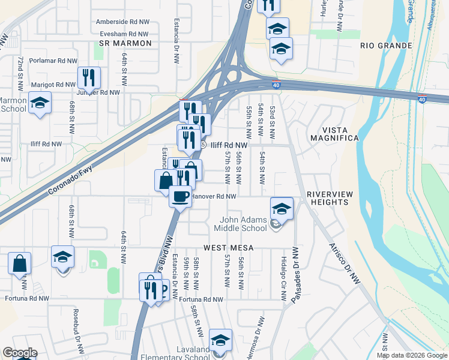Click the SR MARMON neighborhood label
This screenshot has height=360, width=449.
click(123, 44)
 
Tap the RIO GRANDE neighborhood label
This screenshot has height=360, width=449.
click(386, 46)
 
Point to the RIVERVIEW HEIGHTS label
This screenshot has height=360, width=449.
click(327, 199)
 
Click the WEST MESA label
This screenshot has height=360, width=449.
click(229, 247)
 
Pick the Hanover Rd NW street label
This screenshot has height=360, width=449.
click(215, 196)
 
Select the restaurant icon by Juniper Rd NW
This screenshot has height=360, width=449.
click(88, 77)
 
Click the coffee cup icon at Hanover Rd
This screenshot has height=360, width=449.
click(179, 196)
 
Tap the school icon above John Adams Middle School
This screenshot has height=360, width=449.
click(281, 208)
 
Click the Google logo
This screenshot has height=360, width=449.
click(20, 353)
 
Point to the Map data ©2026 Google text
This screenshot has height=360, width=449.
click(412, 355)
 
